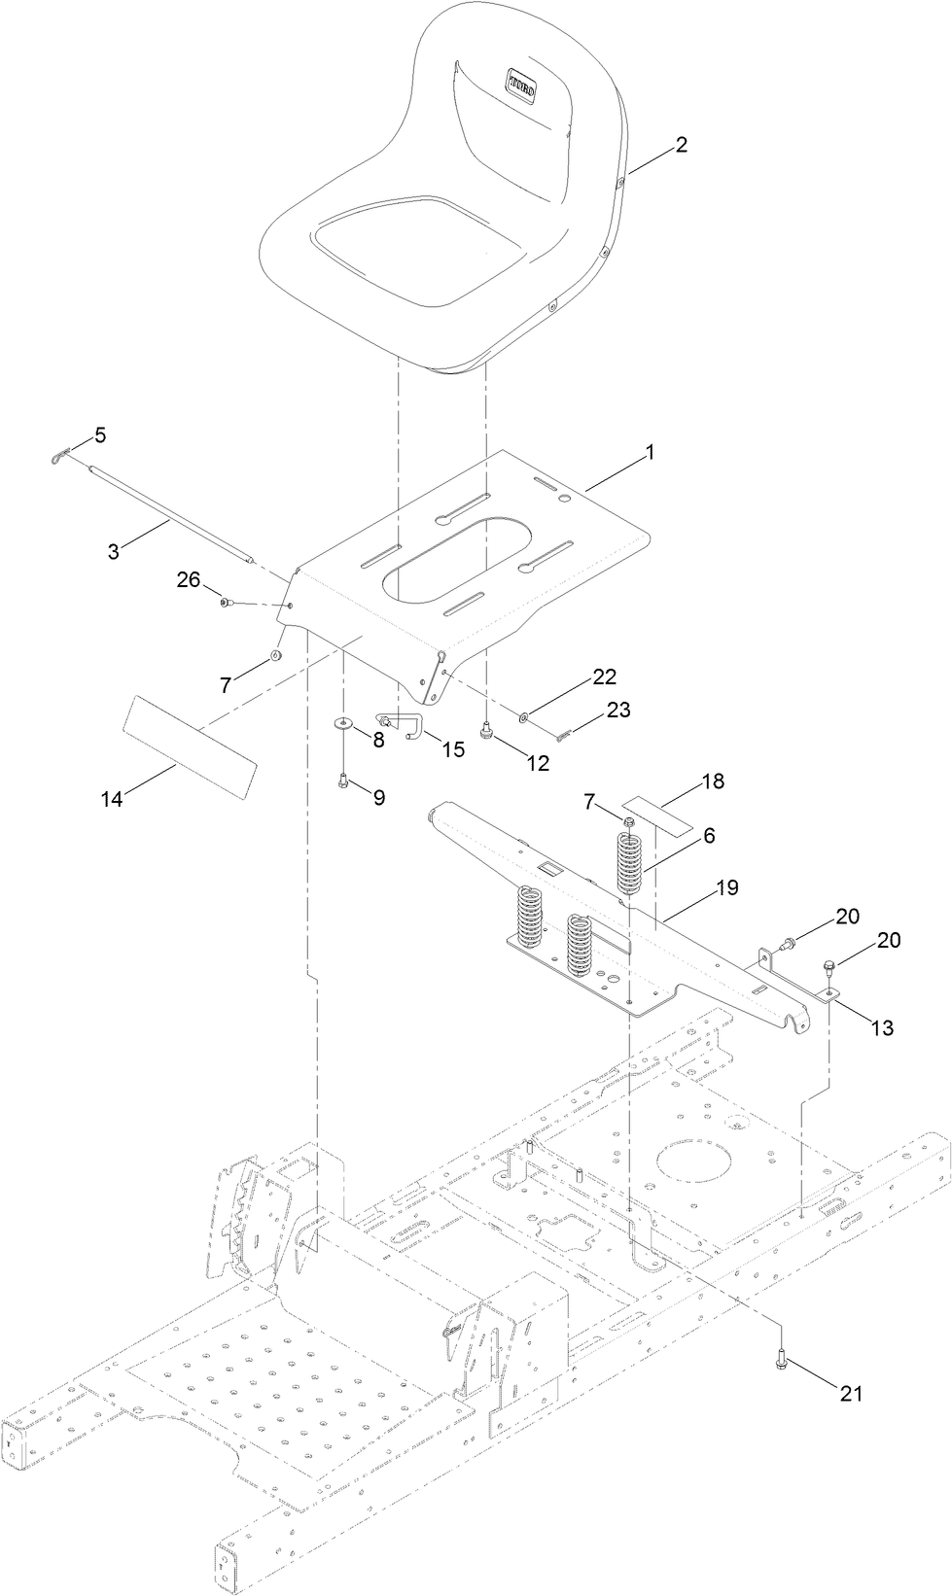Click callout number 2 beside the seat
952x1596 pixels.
click(x=681, y=145)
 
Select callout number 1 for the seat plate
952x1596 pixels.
click(x=651, y=452)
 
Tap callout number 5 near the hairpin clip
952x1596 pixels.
click(x=99, y=434)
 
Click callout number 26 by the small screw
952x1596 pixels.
click(x=188, y=579)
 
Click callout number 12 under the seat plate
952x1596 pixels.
click(x=538, y=764)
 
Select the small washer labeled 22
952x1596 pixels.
click(x=524, y=717)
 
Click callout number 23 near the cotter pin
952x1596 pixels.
click(x=618, y=711)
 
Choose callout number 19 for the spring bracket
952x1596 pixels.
click(x=726, y=887)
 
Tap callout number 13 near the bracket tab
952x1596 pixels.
click(x=882, y=1028)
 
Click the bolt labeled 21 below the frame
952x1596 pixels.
click(x=782, y=1364)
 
